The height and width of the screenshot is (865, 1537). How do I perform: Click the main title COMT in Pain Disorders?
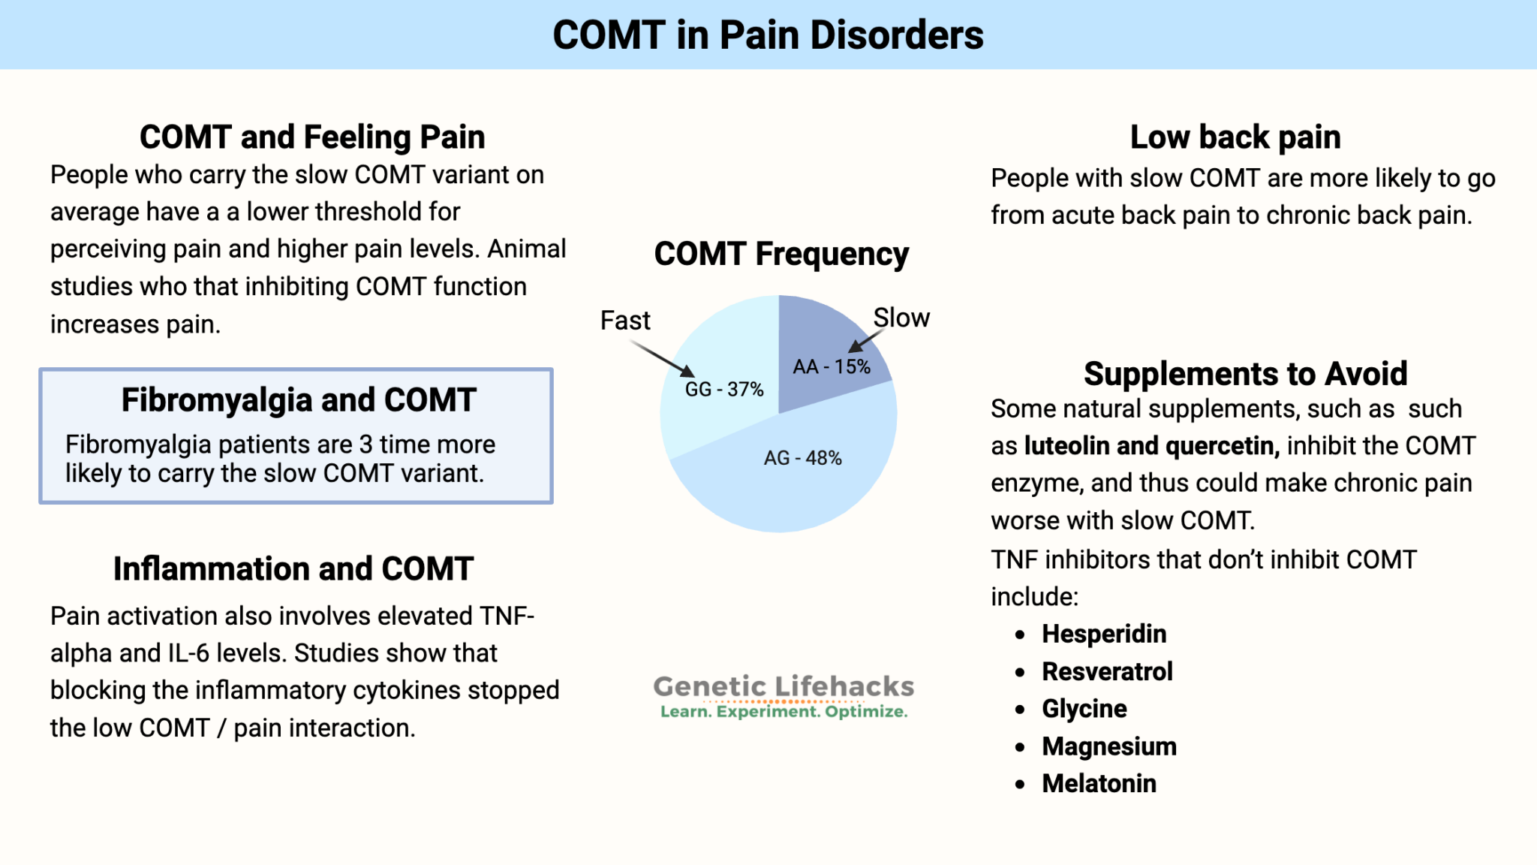point(768,35)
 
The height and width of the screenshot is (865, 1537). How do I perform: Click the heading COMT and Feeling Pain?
point(312,137)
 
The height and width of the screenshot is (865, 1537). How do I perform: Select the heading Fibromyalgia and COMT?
point(299,400)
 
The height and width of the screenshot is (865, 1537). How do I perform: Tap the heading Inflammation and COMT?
point(293,569)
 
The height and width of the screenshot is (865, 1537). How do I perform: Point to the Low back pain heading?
point(1235,137)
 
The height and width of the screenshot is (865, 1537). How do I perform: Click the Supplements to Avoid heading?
point(1245,374)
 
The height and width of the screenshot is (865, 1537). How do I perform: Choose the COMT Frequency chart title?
point(781,255)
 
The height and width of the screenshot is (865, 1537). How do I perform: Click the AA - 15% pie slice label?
point(832,367)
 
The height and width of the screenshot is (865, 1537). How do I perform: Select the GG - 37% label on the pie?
point(723,390)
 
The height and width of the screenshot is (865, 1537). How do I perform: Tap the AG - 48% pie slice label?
point(802,458)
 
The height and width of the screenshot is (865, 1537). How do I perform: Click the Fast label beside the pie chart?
point(624,321)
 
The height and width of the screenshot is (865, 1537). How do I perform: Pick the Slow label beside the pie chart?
point(901,318)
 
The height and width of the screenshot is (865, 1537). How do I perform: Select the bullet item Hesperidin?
point(1104,634)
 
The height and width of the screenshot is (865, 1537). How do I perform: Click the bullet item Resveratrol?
point(1107,672)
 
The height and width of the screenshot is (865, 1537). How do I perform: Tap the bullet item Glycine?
point(1084,709)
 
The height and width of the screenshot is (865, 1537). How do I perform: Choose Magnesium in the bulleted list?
point(1109,746)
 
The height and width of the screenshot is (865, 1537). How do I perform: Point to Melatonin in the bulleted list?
point(1099,784)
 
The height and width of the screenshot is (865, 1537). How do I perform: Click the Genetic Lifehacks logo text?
point(784,687)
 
